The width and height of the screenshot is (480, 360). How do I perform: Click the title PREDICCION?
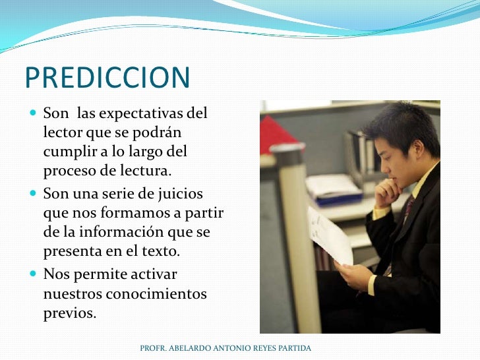(x=107, y=78)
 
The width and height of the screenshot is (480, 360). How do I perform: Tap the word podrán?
(x=159, y=133)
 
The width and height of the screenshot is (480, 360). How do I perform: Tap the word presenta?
(x=69, y=252)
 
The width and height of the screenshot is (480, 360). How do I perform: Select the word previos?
(x=69, y=313)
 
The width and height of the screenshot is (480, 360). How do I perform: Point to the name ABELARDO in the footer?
(x=189, y=347)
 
